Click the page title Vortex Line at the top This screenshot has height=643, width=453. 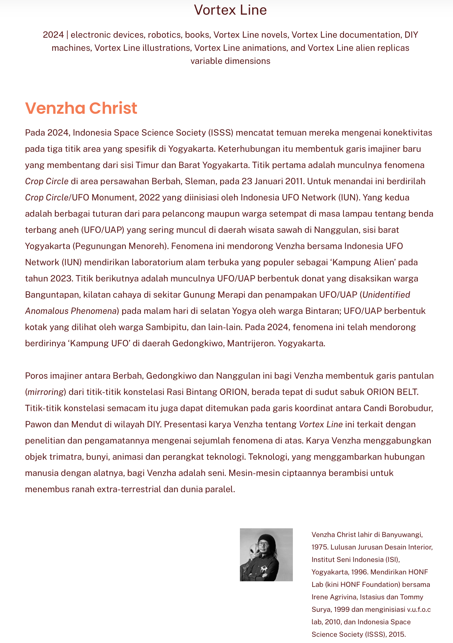(230, 10)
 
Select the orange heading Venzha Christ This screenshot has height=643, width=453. (81, 108)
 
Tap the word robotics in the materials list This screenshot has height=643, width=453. (165, 35)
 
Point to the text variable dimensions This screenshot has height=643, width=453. (230, 61)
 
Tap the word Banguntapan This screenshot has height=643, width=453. (52, 295)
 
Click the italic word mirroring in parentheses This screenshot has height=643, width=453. (45, 392)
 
